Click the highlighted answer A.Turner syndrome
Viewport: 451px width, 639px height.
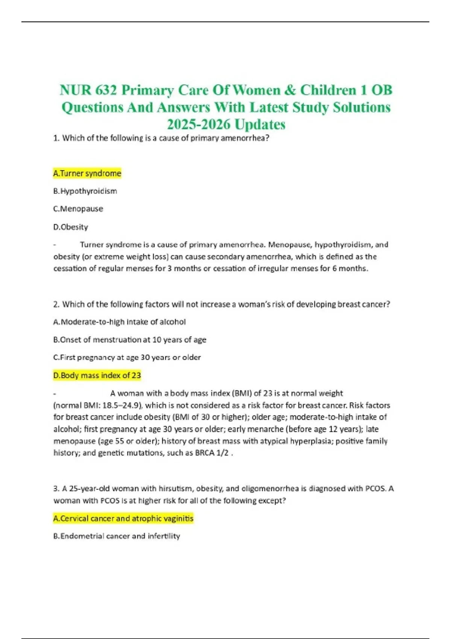[x=87, y=173]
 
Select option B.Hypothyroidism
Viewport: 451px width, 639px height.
[x=85, y=191]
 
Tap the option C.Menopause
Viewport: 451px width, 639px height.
[x=78, y=209]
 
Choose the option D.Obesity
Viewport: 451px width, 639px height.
[x=71, y=227]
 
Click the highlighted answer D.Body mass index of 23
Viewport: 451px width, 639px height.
[x=97, y=375]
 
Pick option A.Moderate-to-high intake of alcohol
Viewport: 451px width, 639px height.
[x=120, y=322]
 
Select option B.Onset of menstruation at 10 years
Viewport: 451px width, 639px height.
[x=130, y=340]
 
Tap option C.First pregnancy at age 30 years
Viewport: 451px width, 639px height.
[x=127, y=357]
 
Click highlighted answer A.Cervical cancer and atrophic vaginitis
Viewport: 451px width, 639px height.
[x=123, y=518]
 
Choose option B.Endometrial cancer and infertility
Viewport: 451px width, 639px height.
[x=117, y=536]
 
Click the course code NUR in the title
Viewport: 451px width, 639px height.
[x=74, y=90]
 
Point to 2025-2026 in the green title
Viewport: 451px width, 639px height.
[x=198, y=124]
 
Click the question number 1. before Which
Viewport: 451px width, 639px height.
[x=56, y=138]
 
